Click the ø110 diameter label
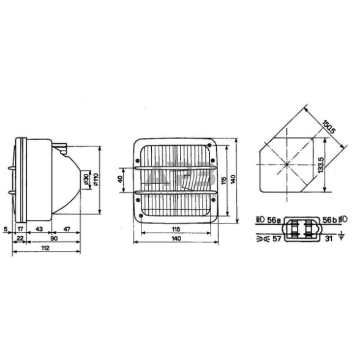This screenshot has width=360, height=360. click(x=96, y=180)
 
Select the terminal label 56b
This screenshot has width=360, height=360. click(x=329, y=219)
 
